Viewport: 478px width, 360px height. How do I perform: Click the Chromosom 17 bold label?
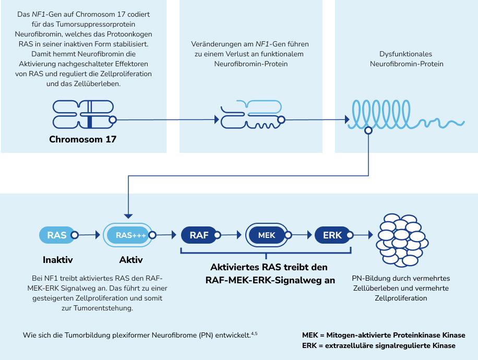pos(83,139)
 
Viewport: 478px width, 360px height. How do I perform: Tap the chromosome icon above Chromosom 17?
pos(83,114)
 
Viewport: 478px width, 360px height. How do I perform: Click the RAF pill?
pos(199,235)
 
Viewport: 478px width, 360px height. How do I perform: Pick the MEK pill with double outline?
pos(267,235)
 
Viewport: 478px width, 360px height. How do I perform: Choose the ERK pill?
pos(332,235)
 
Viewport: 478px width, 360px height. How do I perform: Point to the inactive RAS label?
pos(57,235)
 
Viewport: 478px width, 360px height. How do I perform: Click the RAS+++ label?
pos(131,235)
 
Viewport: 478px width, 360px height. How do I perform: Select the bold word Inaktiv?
pos(57,259)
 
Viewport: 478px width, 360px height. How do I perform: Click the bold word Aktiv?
pos(131,259)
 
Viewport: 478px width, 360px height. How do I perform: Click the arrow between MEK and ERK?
pos(302,235)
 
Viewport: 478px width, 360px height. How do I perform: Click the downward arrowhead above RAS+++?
pos(128,215)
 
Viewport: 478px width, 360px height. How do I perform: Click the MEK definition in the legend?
pos(384,335)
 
